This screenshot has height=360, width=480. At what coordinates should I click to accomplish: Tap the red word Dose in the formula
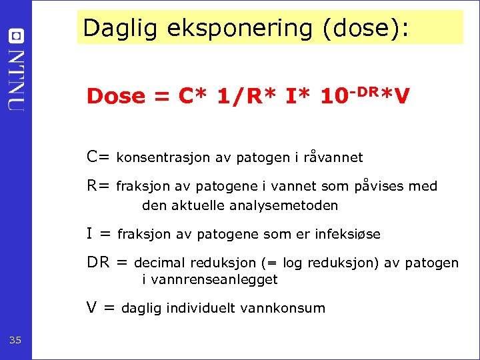(115, 97)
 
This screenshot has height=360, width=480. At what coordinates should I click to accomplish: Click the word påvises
(379, 187)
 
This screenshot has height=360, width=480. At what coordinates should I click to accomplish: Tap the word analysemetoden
(283, 205)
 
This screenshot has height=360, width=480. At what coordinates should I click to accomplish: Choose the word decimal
(160, 263)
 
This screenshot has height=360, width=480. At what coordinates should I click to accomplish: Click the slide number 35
(15, 341)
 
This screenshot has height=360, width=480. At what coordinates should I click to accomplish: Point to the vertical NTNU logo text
(16, 80)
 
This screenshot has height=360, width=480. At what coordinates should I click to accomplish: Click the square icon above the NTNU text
(16, 35)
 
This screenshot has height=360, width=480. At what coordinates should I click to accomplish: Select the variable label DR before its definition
(98, 262)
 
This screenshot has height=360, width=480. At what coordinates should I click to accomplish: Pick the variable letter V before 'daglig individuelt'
(91, 307)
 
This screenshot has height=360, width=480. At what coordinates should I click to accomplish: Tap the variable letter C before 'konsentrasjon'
(93, 157)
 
